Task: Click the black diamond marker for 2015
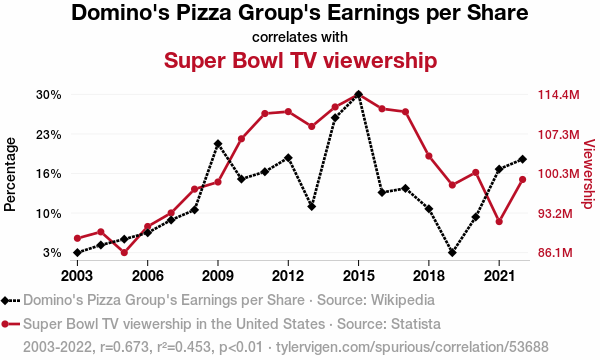coord(358,94)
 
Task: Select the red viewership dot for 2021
coord(499,222)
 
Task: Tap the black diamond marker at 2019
coord(452,252)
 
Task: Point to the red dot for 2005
coord(124,252)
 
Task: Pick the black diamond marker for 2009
coord(218,144)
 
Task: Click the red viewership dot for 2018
coord(429,156)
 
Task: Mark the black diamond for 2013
coord(311,207)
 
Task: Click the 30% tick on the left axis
coord(49,94)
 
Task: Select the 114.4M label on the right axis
coord(559,94)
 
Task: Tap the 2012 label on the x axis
coord(288,275)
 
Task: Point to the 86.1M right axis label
coord(555,252)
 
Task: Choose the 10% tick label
coord(49,213)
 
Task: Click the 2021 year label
coord(499,275)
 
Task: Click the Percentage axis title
coord(10,174)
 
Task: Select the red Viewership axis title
coord(589,174)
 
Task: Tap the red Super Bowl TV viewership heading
coord(300,60)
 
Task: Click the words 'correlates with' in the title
coord(300,37)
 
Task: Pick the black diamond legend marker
coord(5,300)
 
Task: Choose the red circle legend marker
coord(5,324)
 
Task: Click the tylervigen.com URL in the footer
coord(412,347)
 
